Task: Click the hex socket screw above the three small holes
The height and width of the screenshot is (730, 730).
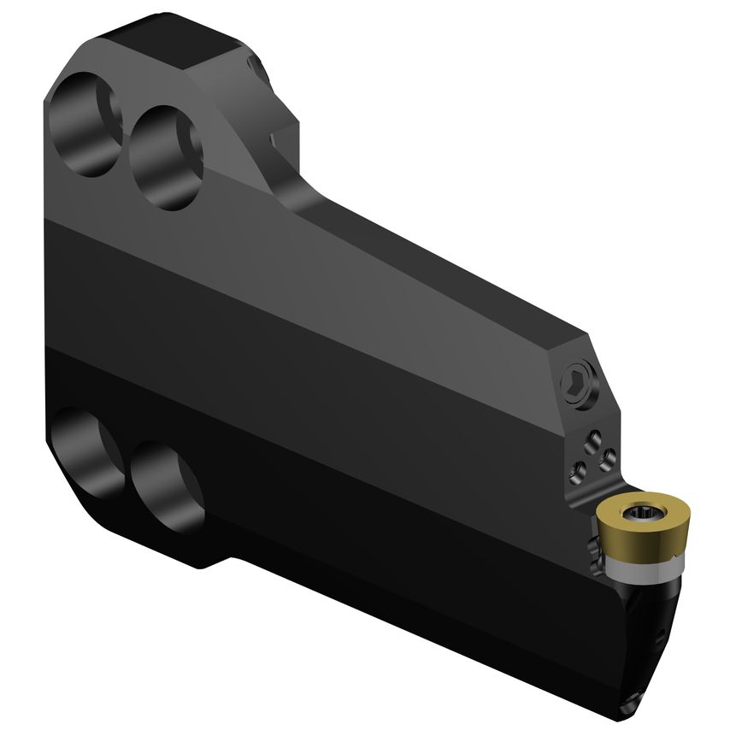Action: pyautogui.click(x=575, y=386)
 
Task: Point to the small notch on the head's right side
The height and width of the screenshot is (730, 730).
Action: pyautogui.click(x=274, y=138)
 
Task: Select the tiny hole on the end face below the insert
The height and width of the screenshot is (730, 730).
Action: pyautogui.click(x=659, y=637)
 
